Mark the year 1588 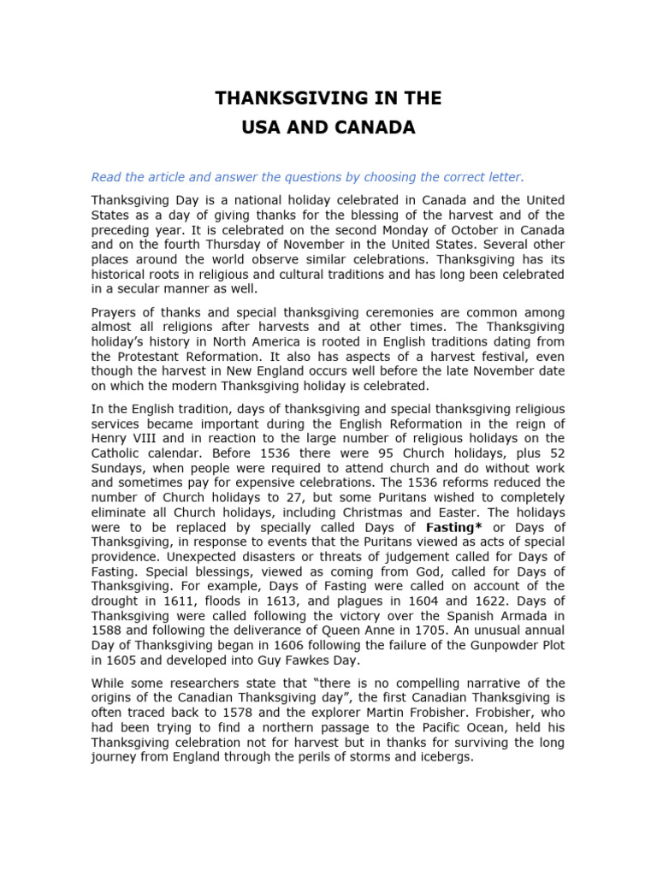pyautogui.click(x=107, y=630)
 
